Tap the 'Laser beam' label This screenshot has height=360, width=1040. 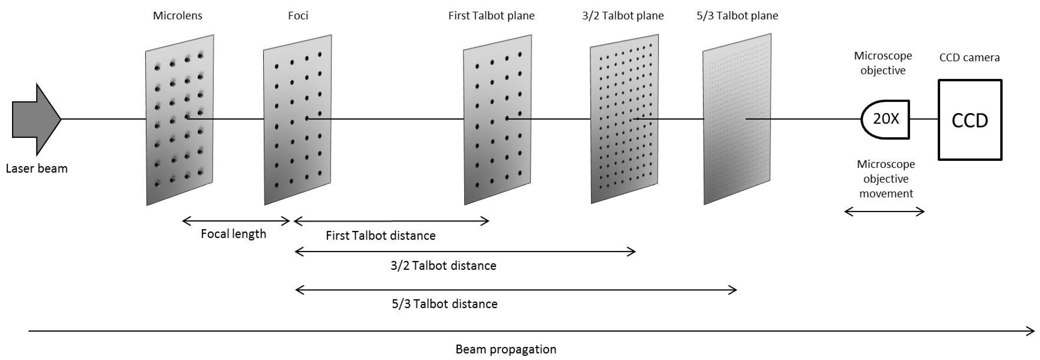[x=37, y=168]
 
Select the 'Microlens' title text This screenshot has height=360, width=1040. [x=178, y=16]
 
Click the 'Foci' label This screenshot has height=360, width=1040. [x=298, y=16]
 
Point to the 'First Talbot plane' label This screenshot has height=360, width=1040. [x=491, y=16]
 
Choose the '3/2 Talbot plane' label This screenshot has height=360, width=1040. [x=623, y=16]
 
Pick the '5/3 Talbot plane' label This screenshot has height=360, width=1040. [x=737, y=16]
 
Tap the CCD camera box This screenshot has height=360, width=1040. [x=970, y=120]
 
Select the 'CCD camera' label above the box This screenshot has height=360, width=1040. [x=969, y=58]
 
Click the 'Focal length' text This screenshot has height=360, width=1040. [x=233, y=234]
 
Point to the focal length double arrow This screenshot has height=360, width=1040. [x=236, y=221]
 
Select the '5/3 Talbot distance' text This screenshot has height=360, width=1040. [x=445, y=304]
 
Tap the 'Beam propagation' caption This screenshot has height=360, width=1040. [x=506, y=349]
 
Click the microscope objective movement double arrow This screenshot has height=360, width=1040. [x=884, y=211]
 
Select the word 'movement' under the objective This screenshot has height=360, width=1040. [x=886, y=194]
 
